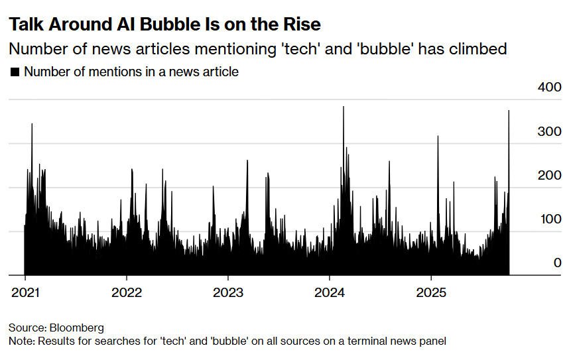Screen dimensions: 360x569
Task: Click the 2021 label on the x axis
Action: pyautogui.click(x=25, y=292)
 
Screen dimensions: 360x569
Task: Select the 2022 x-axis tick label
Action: pyautogui.click(x=126, y=292)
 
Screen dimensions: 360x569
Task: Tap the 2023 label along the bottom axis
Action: pyautogui.click(x=227, y=292)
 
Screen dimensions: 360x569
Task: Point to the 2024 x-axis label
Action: pyautogui.click(x=330, y=292)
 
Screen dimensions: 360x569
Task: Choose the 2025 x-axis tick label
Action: pyautogui.click(x=431, y=292)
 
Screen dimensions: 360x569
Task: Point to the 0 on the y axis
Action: pyautogui.click(x=557, y=263)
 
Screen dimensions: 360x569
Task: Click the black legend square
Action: pyautogui.click(x=15, y=72)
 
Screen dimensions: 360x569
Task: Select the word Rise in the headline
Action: pyautogui.click(x=302, y=25)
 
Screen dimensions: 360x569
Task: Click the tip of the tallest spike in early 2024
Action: pyautogui.click(x=344, y=107)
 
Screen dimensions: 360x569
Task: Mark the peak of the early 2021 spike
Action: pyautogui.click(x=32, y=124)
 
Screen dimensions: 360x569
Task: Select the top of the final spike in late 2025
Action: pyautogui.click(x=509, y=111)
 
